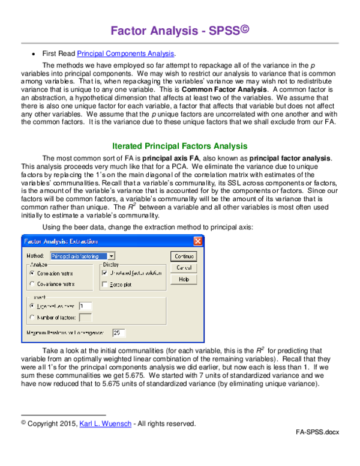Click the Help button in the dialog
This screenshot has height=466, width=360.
click(184, 279)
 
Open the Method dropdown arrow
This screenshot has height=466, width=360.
click(112, 256)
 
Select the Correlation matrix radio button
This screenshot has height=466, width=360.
click(32, 273)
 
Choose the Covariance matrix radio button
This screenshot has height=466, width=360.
click(32, 284)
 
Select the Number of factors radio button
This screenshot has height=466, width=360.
click(32, 316)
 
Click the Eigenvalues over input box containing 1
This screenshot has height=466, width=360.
click(85, 306)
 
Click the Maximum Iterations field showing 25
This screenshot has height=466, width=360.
click(118, 332)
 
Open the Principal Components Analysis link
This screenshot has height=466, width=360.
click(125, 54)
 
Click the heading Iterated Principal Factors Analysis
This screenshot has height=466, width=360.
click(179, 145)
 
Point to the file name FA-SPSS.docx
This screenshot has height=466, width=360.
click(321, 432)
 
